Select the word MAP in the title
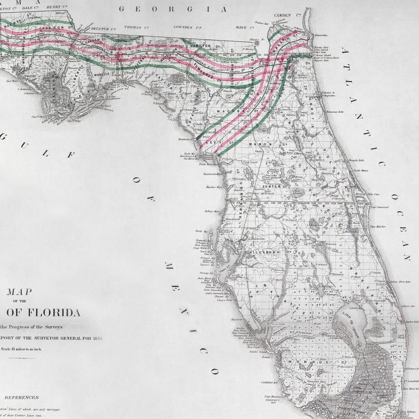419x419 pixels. [19, 291]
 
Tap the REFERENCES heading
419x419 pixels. [21, 397]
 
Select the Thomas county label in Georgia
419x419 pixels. [135, 27]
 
